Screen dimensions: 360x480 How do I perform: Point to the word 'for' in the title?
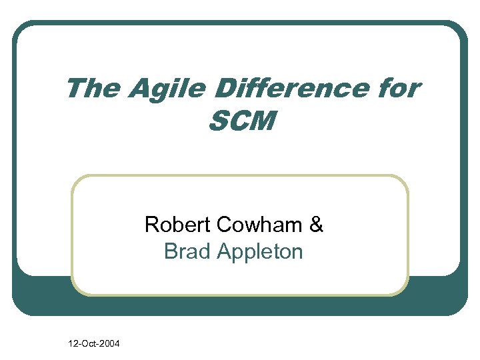pos(397,89)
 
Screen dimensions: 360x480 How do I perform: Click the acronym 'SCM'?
pos(241,121)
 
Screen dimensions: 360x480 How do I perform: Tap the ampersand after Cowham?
pos(317,225)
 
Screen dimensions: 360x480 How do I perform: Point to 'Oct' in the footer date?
pos(87,344)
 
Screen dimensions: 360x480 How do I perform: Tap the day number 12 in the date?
pos(73,344)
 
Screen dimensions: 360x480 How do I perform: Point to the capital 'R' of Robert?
pos(152,225)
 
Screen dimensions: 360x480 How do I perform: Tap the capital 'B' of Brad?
pos(171,251)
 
